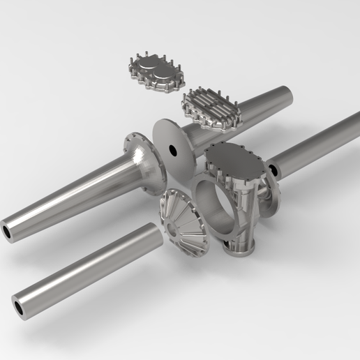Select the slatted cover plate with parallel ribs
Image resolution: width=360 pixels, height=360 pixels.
click(x=210, y=109)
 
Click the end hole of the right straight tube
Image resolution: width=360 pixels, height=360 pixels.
click(x=273, y=169)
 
